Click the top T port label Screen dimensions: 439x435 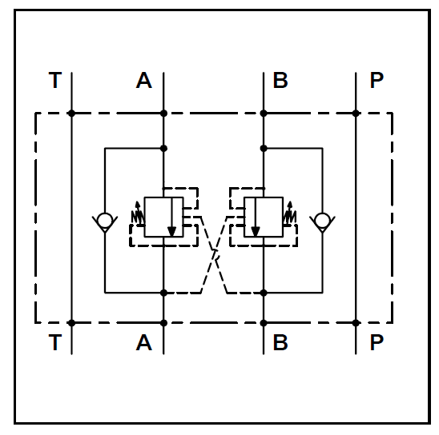point(55,80)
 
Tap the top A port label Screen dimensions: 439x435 point(144,80)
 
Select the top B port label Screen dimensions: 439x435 point(280,80)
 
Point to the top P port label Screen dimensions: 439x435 point(377,80)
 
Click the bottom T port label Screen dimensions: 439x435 point(55,342)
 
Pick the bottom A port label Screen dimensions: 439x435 point(144,342)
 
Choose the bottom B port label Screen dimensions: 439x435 point(280,342)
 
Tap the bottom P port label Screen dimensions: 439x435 point(377,342)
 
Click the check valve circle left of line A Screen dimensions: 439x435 point(105,220)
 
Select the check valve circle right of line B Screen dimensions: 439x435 point(322,220)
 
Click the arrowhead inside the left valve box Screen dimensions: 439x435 point(171,231)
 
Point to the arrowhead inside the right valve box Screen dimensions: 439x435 point(255,231)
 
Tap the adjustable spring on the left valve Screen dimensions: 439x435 point(138,214)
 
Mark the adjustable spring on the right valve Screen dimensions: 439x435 point(290,214)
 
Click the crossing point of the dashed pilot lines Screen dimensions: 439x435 point(215,255)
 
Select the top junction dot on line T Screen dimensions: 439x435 point(71,114)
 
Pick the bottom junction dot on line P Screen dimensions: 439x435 point(356,323)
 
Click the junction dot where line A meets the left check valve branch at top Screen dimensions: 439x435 point(163,149)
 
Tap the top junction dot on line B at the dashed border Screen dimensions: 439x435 point(264,114)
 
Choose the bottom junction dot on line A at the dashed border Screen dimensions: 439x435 point(163,323)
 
